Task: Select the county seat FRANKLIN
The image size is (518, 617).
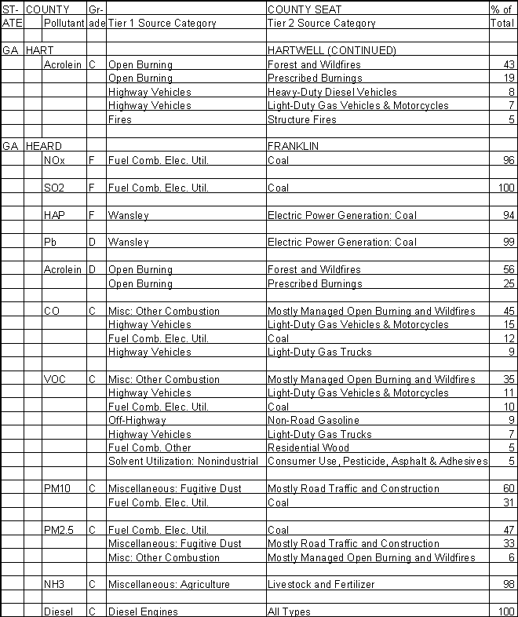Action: pos(292,146)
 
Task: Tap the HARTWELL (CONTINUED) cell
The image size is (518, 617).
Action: pos(331,50)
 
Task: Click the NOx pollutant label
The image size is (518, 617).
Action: pos(55,160)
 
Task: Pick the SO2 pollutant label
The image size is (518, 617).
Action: pos(55,188)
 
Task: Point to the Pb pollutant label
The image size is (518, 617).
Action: pos(49,243)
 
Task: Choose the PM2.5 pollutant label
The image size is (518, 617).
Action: pos(58,530)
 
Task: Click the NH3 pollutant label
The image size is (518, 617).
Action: pos(55,584)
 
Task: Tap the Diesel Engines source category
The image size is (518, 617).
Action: pos(143,612)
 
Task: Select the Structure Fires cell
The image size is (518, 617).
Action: pos(302,119)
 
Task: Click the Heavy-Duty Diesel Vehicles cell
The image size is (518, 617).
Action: pos(332,92)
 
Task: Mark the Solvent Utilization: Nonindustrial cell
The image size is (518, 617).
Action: pos(183,461)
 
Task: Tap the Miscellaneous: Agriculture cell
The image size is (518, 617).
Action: pos(169,584)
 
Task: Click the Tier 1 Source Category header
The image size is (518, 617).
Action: pos(162,24)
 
